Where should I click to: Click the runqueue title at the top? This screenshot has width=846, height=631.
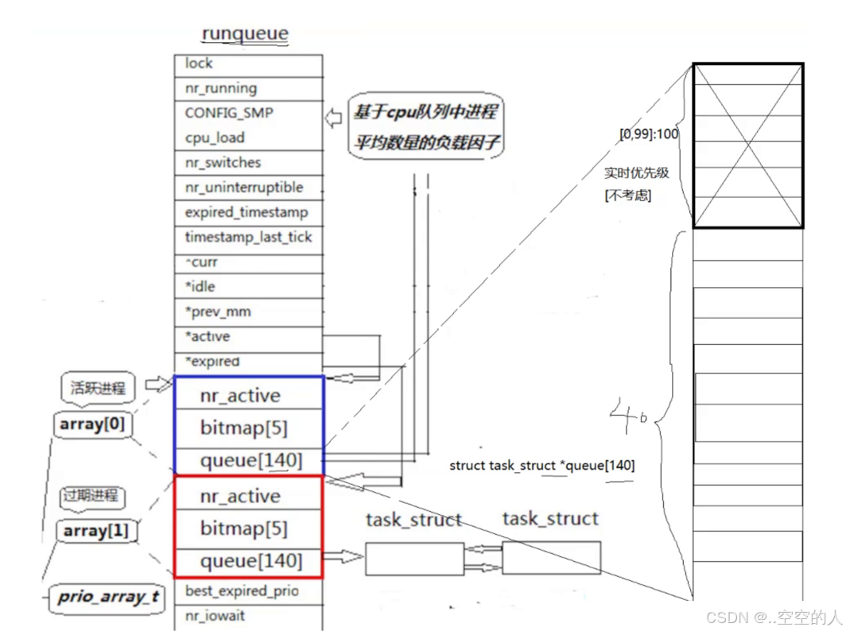pos(245,33)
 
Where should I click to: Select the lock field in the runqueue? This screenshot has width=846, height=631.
pos(199,64)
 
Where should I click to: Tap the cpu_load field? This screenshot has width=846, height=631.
pos(215,137)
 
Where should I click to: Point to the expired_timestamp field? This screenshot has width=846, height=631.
pos(246,212)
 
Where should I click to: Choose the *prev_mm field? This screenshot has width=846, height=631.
pos(218,312)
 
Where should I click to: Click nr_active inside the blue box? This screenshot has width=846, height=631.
pos(240,396)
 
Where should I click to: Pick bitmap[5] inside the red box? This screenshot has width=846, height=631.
pos(243,528)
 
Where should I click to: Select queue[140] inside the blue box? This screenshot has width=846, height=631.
pos(251,460)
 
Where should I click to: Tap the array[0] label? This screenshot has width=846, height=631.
pos(93,425)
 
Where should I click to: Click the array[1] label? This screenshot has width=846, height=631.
pos(96,531)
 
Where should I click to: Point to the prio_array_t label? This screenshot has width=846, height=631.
pos(107,598)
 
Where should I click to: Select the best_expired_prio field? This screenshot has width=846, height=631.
pos(242,591)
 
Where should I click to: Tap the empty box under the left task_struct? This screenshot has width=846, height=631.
pos(414,559)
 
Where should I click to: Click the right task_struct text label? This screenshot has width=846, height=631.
pos(550,519)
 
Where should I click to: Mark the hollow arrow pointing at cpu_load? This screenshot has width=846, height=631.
pos(334,120)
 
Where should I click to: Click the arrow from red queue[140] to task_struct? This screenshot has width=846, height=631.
pos(343,558)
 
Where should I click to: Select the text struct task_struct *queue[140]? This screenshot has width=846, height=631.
pos(541,466)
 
